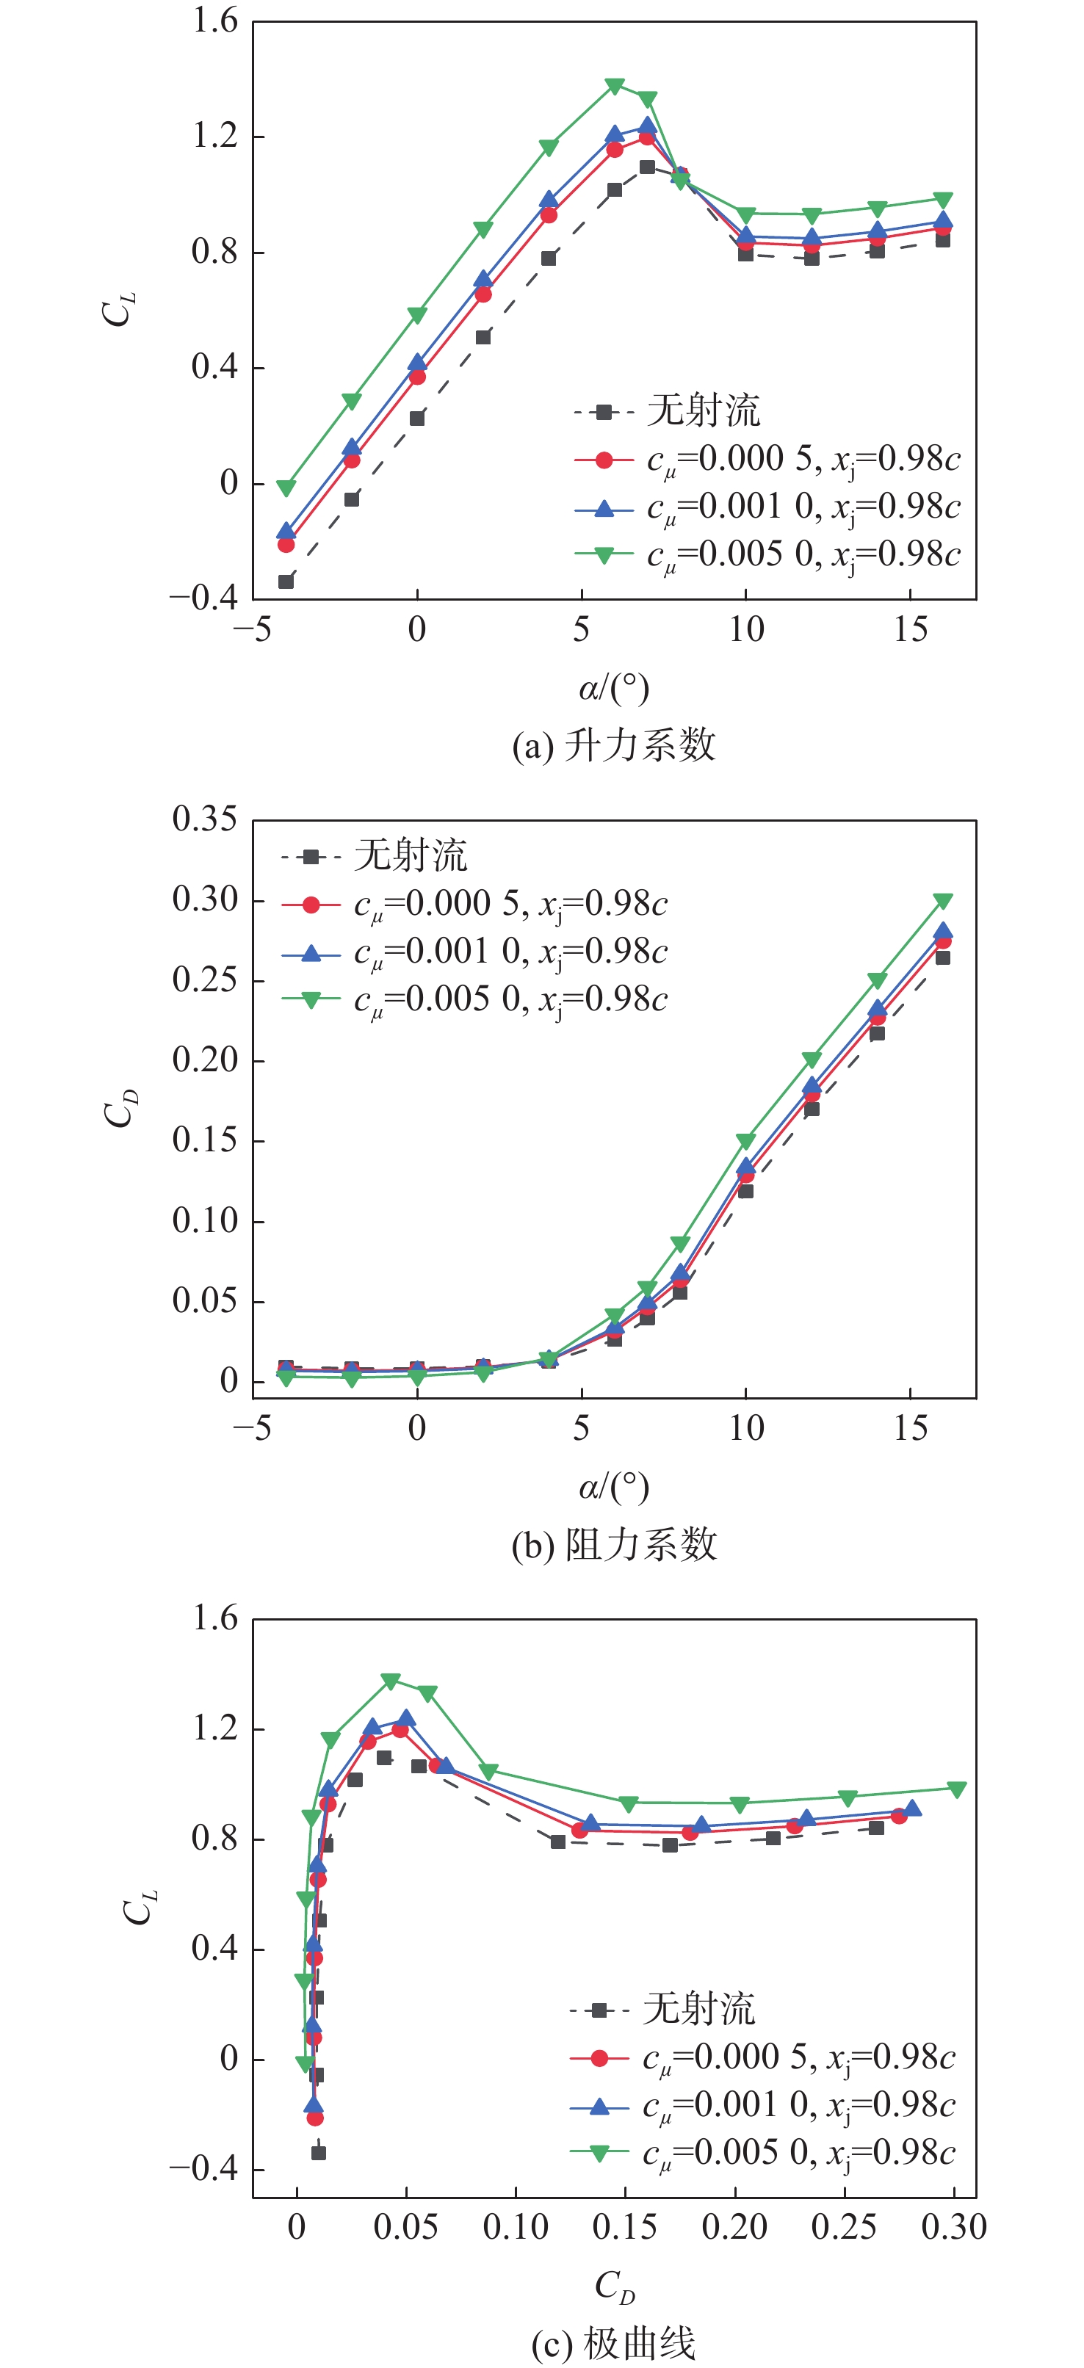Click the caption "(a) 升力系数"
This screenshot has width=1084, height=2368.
613,745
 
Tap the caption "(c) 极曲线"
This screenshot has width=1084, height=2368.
613,2343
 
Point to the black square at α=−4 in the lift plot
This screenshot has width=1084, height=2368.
286,582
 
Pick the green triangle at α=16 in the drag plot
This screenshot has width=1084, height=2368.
942,901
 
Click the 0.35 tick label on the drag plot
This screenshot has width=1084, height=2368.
204,819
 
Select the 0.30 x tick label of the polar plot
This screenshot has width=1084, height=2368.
954,2227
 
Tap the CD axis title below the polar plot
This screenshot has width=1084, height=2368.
614,2285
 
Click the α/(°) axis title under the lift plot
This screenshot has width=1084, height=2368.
614,687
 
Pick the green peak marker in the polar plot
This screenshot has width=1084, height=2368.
391,1681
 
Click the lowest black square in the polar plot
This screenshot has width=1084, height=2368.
318,2153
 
